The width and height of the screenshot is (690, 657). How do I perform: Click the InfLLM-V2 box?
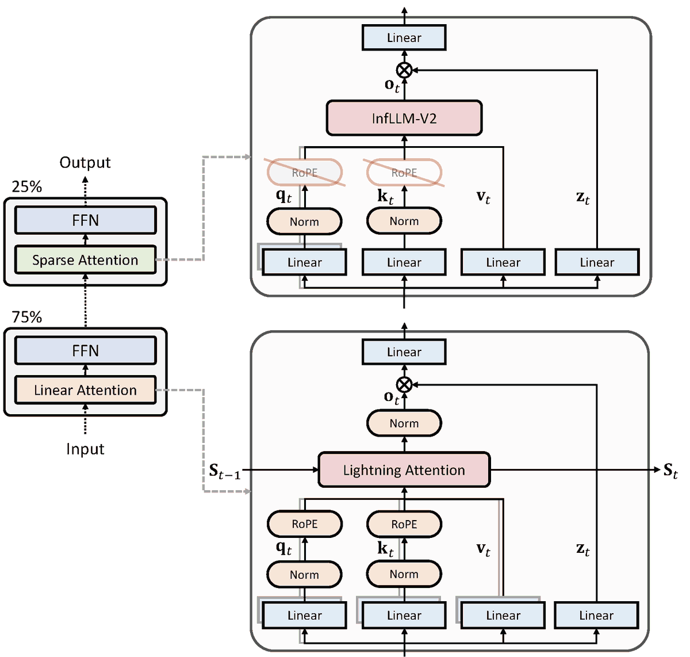tap(404, 119)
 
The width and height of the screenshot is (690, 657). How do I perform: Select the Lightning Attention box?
tap(404, 470)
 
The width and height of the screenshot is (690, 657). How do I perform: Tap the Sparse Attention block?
tap(85, 260)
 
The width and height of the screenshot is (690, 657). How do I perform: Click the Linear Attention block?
tap(85, 390)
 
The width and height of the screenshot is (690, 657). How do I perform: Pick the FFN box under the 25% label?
tap(85, 220)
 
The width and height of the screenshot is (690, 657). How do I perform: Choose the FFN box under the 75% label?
tap(85, 351)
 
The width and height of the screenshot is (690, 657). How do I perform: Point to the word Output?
tap(85, 162)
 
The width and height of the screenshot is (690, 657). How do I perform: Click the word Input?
tap(85, 449)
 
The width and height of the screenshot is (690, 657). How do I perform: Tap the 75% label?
tap(27, 317)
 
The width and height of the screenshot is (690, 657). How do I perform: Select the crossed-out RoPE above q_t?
tap(304, 173)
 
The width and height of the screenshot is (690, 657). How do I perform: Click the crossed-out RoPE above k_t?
tap(404, 173)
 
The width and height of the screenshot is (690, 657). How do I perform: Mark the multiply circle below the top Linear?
tap(404, 70)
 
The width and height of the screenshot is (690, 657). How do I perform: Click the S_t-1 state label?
tap(224, 472)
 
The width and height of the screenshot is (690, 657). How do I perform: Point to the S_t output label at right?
tap(670, 471)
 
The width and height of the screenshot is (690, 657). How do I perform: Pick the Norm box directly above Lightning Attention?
tap(404, 423)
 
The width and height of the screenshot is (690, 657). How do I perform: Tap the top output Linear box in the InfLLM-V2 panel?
tap(404, 38)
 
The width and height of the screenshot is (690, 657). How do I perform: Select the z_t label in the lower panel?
tap(583, 549)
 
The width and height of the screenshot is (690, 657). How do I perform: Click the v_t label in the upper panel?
tap(484, 197)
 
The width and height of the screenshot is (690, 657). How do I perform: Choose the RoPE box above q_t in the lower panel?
tap(304, 524)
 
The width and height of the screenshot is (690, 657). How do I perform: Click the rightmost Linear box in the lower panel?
tap(596, 616)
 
